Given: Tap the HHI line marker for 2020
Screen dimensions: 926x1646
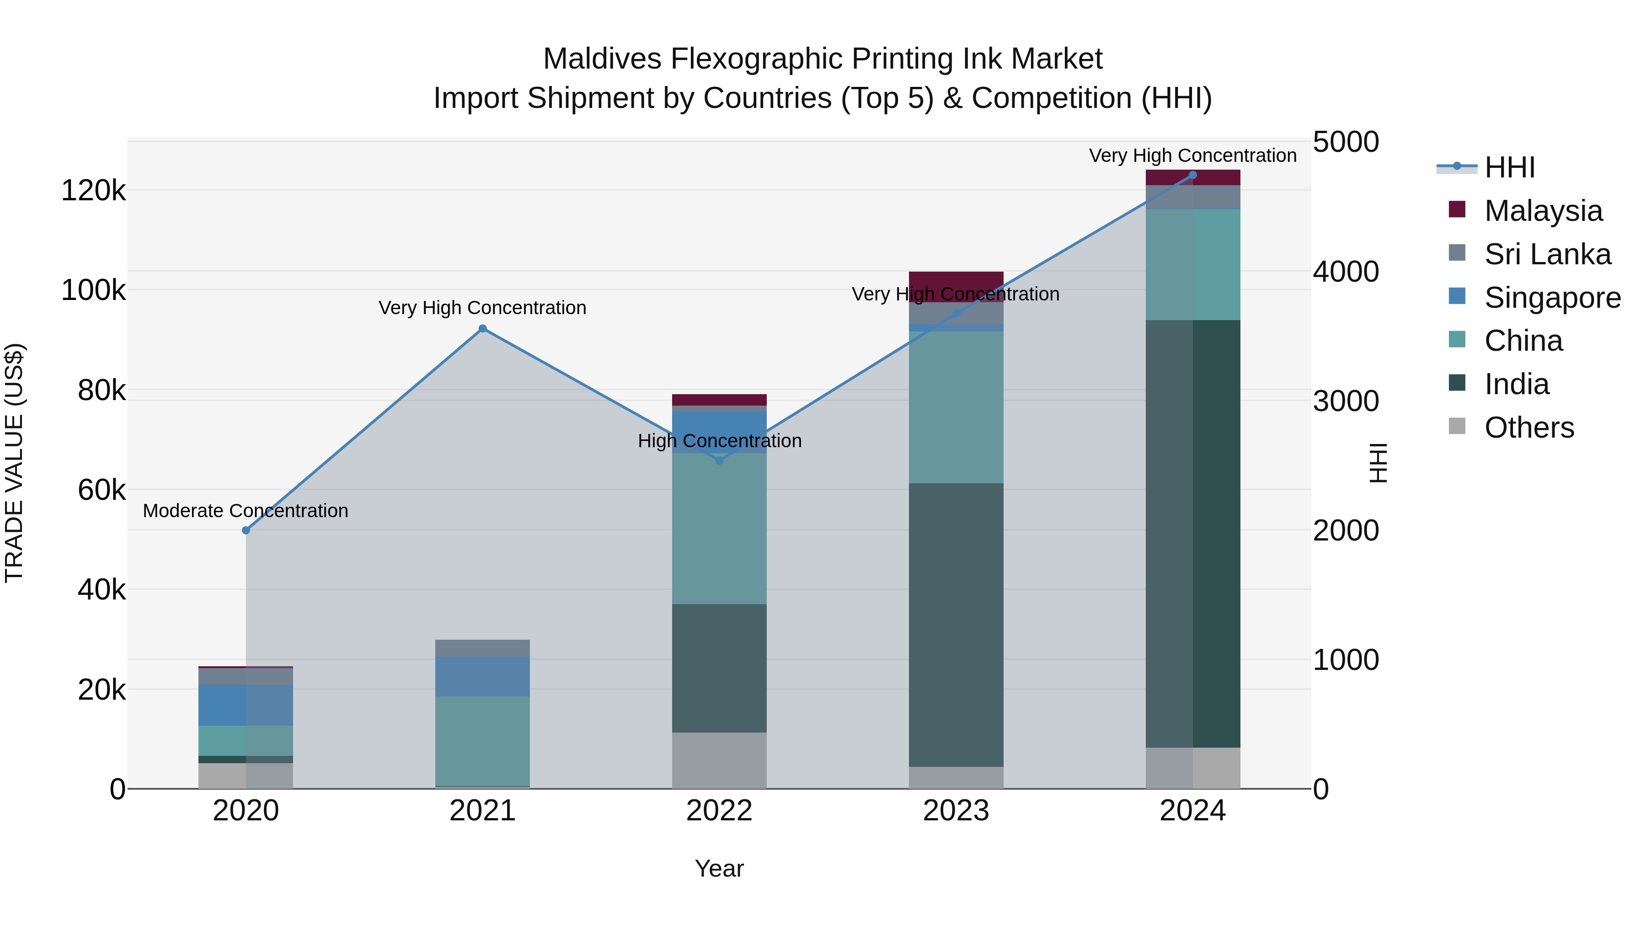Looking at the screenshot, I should [x=246, y=530].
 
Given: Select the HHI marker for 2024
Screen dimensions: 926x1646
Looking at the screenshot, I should [x=1192, y=175].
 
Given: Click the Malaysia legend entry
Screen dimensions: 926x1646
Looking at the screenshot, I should [x=1543, y=211].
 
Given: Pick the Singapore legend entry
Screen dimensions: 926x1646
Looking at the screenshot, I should [x=1552, y=298].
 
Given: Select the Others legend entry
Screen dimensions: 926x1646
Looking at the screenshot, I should [x=1528, y=428].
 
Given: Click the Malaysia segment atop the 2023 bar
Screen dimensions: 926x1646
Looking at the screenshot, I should [x=956, y=281].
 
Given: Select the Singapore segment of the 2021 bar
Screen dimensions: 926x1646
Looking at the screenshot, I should [x=482, y=676].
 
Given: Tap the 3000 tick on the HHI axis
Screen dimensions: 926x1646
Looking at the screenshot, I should [x=1346, y=401].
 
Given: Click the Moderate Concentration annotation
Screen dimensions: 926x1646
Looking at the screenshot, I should [x=246, y=511].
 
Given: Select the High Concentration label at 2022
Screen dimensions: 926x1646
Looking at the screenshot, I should [x=720, y=441].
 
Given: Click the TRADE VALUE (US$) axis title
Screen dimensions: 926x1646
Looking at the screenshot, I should [x=14, y=463].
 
